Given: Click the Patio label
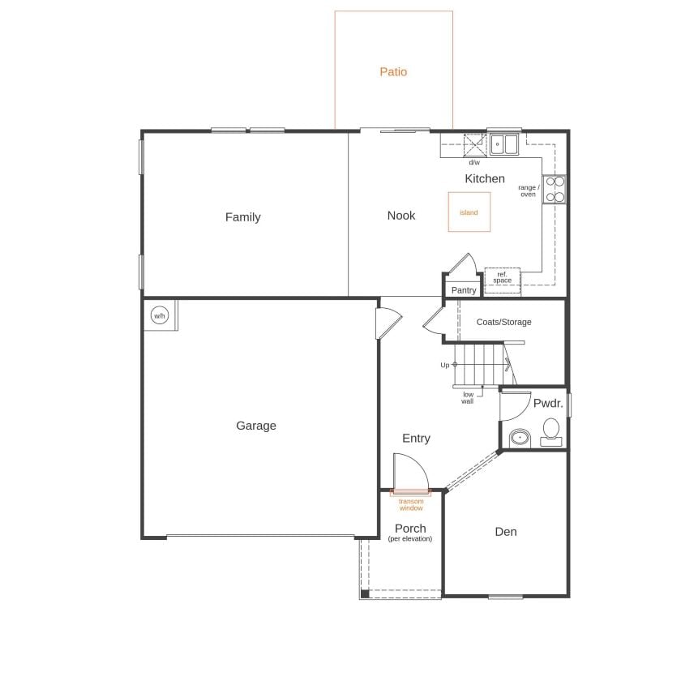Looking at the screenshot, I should click(393, 72).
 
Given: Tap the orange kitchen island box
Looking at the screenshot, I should click(469, 212).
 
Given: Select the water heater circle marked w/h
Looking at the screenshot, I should click(159, 315).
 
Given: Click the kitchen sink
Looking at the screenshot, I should click(504, 144).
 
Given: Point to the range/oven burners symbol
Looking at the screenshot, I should click(554, 189).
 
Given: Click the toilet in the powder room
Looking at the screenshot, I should click(551, 430).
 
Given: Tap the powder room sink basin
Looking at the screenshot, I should click(519, 439).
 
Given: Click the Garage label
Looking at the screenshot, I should click(256, 426).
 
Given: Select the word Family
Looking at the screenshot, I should click(243, 217).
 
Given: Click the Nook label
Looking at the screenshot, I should click(401, 216).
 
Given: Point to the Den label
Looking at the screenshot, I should click(506, 533).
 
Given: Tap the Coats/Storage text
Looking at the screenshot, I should click(504, 323).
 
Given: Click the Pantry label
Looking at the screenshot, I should click(464, 290).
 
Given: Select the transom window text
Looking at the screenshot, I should click(411, 505).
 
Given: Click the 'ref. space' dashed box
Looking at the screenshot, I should click(503, 277).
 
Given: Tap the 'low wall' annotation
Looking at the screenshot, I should click(468, 398).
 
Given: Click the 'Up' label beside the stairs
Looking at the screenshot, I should click(445, 366).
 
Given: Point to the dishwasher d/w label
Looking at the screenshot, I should click(474, 163).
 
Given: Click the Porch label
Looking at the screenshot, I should click(410, 529).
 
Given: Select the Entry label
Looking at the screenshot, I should click(417, 439).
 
